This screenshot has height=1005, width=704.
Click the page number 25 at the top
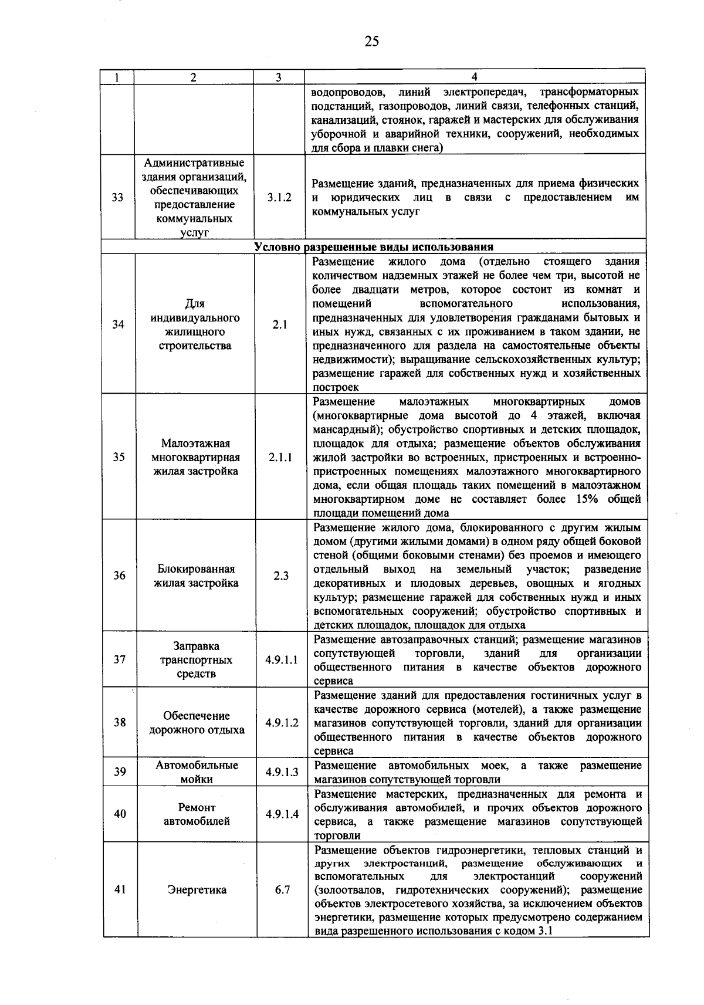(371, 41)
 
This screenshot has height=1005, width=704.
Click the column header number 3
(279, 77)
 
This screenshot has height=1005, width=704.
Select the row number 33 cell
(118, 197)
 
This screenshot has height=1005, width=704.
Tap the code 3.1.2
(279, 198)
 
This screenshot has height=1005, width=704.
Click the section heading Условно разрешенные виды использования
(374, 246)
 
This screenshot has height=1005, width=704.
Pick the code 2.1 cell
(280, 324)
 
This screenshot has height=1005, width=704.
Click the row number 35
(119, 457)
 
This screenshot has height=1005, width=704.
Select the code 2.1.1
(280, 457)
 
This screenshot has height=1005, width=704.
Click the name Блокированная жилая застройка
(196, 576)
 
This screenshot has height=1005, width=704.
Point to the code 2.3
(281, 576)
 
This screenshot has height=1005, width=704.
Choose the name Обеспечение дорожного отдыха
(197, 723)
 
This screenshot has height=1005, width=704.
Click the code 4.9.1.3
(282, 772)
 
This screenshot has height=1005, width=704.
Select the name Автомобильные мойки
(197, 772)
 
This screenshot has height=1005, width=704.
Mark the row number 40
(120, 814)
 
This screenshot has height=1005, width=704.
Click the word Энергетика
(197, 890)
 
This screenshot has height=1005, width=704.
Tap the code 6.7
(282, 890)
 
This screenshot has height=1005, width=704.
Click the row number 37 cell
(120, 659)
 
